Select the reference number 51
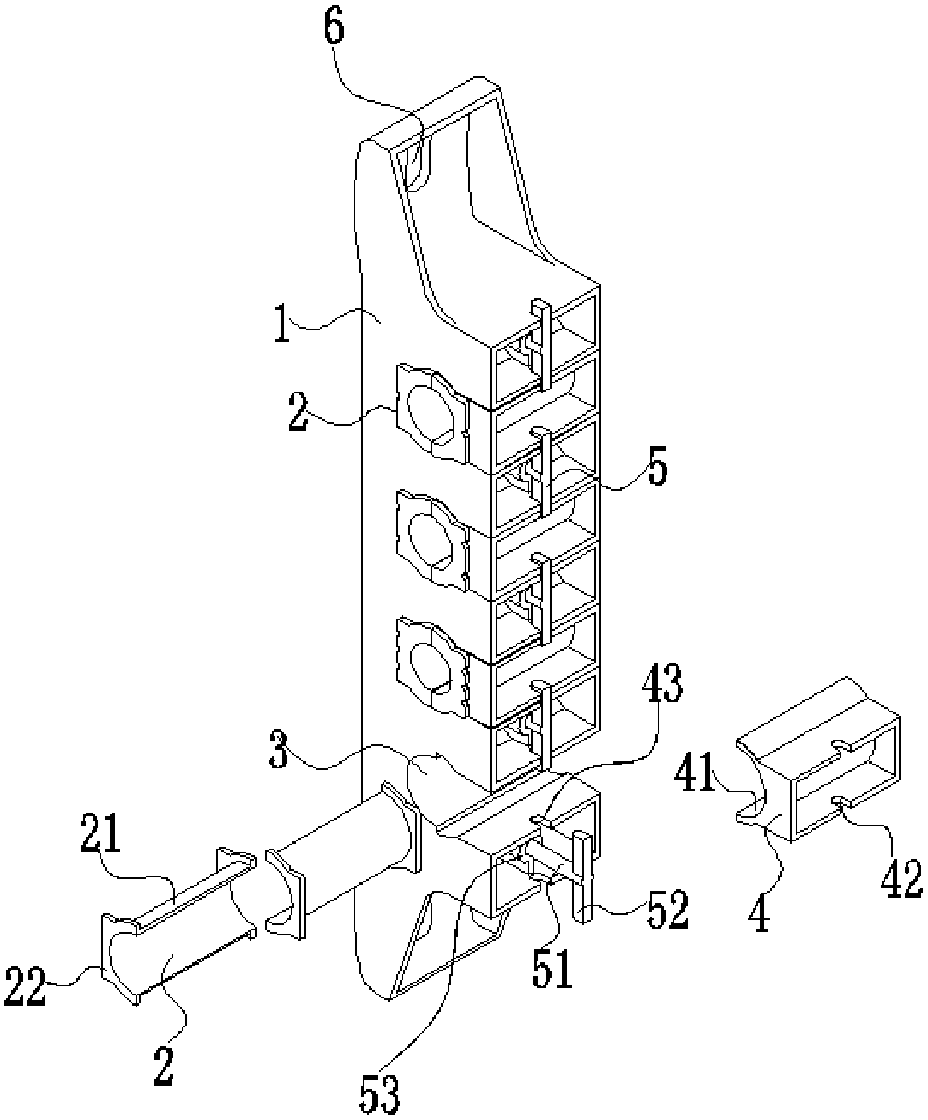[552, 971]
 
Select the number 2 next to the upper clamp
[299, 415]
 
